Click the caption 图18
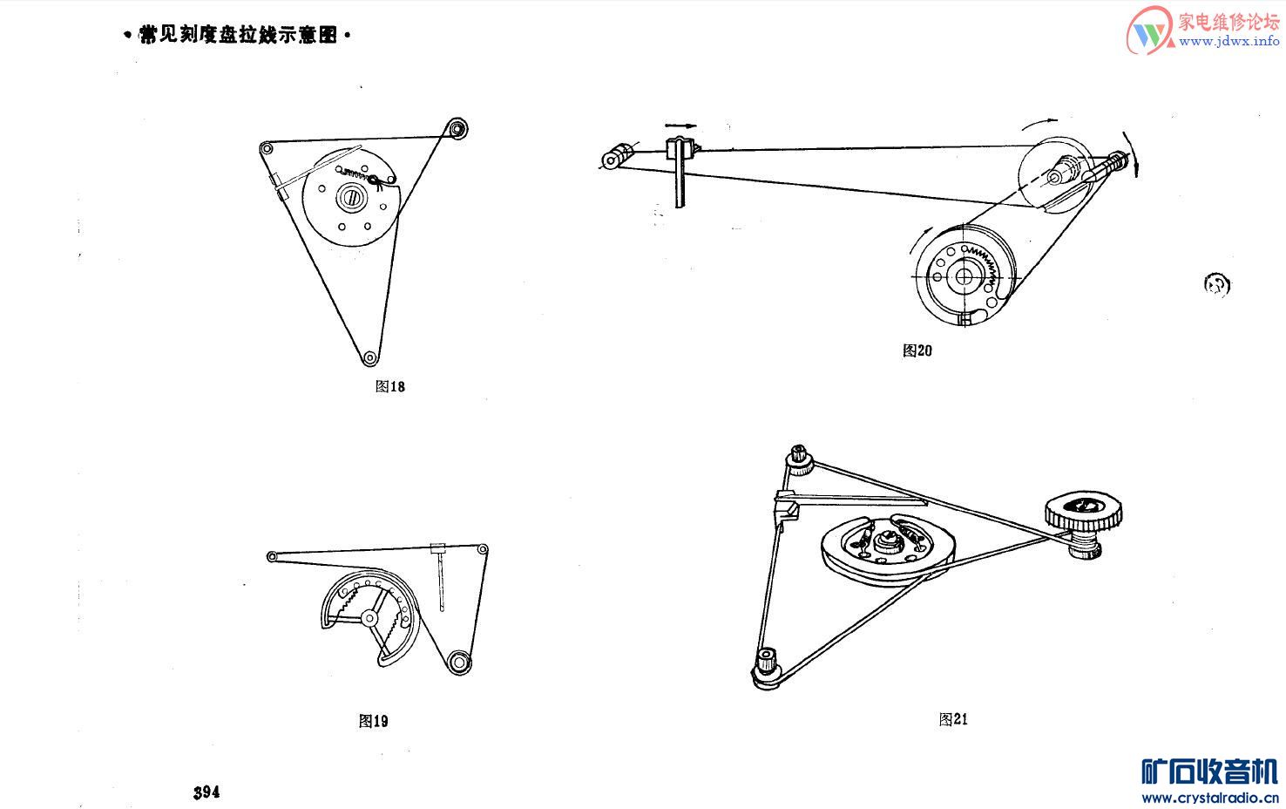[389, 386]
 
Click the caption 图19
[373, 721]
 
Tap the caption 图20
[917, 350]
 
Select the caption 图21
[953, 719]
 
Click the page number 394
[206, 792]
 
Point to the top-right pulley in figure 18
[457, 128]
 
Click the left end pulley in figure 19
[272, 556]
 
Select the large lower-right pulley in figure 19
[458, 662]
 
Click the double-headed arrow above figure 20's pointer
[680, 126]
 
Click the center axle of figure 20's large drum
[964, 276]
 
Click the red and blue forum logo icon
[1149, 32]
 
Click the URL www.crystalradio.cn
[1209, 797]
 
